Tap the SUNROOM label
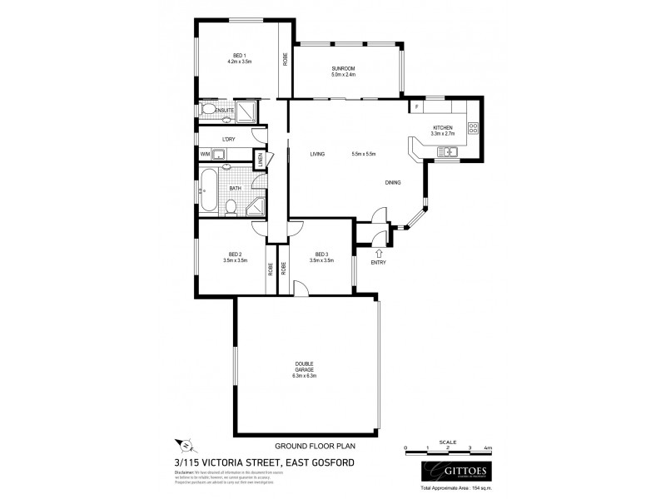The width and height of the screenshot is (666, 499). (x=343, y=69)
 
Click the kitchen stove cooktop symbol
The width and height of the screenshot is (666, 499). (x=473, y=127)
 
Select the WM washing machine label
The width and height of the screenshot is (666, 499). (x=204, y=154)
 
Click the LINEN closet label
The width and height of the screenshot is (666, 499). (x=260, y=160)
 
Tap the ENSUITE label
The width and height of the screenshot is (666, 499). (x=223, y=110)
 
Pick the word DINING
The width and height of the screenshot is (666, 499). (x=393, y=183)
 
